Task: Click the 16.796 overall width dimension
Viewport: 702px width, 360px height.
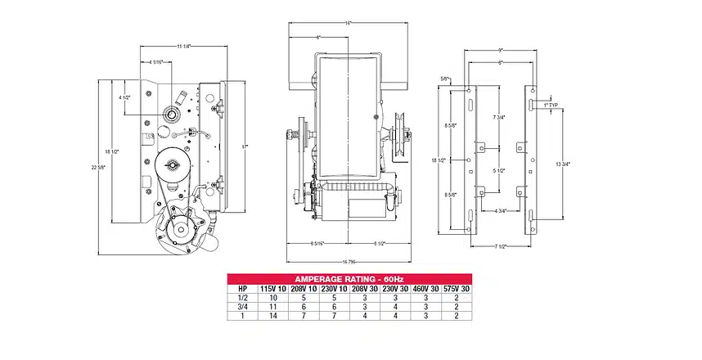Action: click(349, 261)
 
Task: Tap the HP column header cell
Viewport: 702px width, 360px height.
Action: click(241, 288)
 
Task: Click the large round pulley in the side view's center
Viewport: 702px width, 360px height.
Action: click(173, 166)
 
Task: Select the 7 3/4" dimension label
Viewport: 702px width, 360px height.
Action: click(497, 118)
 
